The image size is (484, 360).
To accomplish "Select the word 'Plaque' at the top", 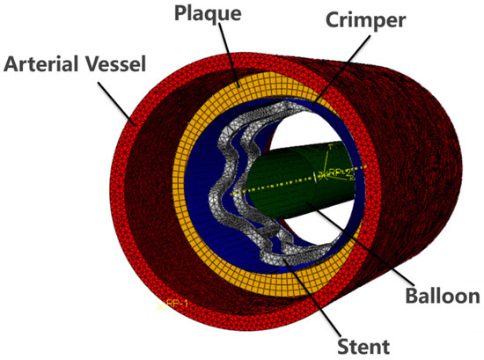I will [204, 15].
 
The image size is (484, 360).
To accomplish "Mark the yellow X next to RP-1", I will [159, 305].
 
